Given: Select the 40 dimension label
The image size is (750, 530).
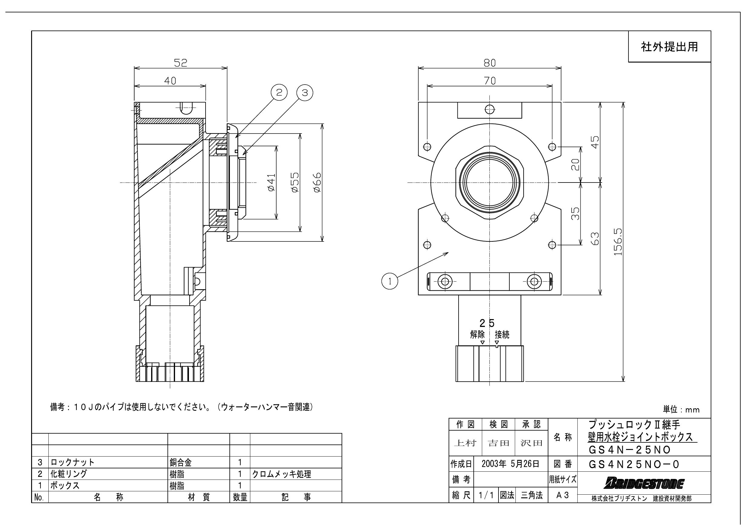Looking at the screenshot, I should click(x=170, y=81).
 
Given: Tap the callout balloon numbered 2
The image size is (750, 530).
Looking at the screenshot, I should click(x=279, y=93).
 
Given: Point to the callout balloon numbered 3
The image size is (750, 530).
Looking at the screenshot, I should click(x=305, y=93).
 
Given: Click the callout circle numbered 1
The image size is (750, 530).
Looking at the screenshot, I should click(x=390, y=281).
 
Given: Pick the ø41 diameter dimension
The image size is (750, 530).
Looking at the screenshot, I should click(x=271, y=183).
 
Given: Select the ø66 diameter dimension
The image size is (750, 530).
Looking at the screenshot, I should click(x=317, y=183).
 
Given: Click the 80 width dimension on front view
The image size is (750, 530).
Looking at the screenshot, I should click(x=490, y=63).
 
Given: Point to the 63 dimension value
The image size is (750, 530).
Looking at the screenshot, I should click(x=595, y=239).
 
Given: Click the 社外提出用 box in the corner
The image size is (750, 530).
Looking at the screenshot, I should click(x=669, y=47).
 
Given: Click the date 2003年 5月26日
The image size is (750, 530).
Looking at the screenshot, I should click(x=510, y=464).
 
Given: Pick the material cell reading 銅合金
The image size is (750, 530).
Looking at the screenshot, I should click(x=181, y=462).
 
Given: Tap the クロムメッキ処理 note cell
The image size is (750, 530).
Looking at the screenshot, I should click(x=281, y=474).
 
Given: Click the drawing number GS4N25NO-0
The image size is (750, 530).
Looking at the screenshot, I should click(x=634, y=464).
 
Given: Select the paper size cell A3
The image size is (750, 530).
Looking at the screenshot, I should click(x=563, y=495).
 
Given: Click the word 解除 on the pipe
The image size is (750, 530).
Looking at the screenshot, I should click(x=477, y=334).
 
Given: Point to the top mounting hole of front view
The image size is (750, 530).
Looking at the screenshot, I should click(x=490, y=109).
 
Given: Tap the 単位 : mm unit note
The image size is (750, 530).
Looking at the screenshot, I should click(x=681, y=409).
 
